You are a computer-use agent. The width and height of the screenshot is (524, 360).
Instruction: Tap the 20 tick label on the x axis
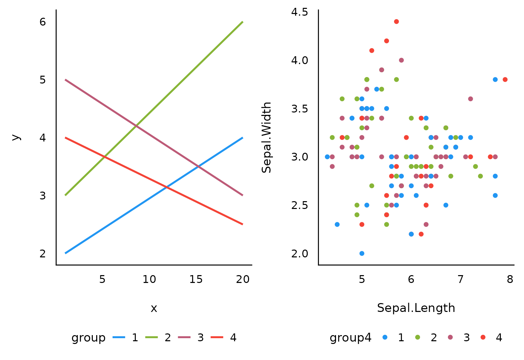[x=243, y=280]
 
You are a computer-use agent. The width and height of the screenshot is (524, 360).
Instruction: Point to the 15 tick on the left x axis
[x=196, y=280]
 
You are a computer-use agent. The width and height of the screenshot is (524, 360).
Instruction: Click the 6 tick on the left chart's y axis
[x=43, y=22]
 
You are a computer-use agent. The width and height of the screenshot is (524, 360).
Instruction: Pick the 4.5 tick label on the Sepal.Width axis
[x=300, y=12]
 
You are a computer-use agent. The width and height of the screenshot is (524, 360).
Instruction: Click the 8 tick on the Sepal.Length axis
[x=510, y=280]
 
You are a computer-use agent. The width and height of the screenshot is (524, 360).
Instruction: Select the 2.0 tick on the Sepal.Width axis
[x=300, y=254]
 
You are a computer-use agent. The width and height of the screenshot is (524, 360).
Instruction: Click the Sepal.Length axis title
[x=416, y=308]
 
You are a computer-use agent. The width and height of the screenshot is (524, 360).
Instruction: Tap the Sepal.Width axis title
[x=267, y=137]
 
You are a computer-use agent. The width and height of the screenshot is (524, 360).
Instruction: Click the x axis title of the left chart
[x=154, y=309]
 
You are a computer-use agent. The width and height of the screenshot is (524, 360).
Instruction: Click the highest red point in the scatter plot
[x=396, y=21]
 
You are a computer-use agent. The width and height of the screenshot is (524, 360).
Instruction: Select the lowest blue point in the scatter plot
[x=362, y=253]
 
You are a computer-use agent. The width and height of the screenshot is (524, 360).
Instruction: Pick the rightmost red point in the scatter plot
[x=505, y=79]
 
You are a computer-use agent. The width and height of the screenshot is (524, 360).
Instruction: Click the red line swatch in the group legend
[x=217, y=337]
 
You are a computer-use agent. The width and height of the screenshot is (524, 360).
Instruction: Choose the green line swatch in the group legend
[x=151, y=337]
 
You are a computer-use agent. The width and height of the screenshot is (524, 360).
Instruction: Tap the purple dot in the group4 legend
[x=450, y=337]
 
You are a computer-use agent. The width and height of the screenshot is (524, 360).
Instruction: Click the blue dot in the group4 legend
[x=385, y=337]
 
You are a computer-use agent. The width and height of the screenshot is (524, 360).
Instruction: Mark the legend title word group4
[x=350, y=338]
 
